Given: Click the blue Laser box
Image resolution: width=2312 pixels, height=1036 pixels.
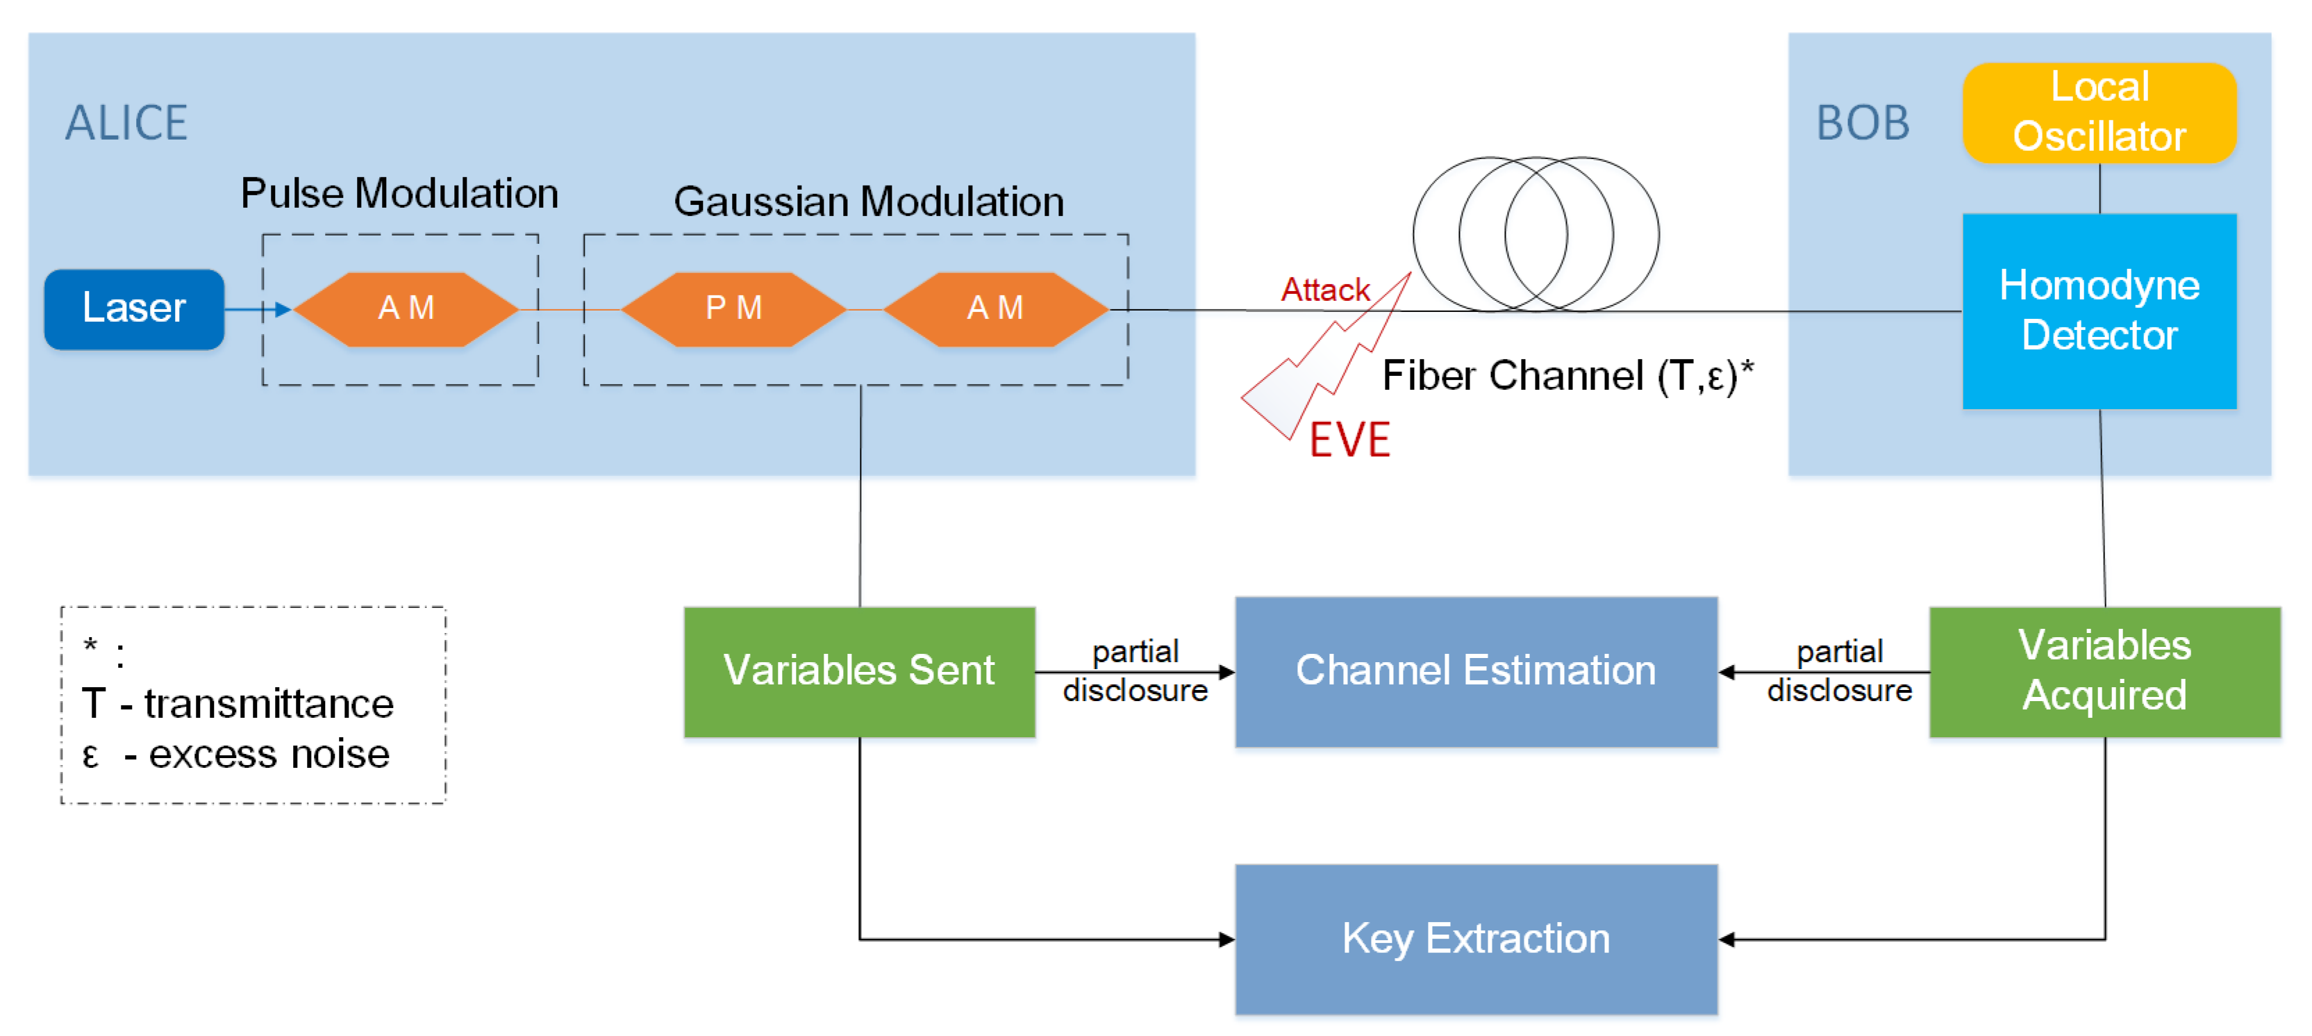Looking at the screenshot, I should [134, 309].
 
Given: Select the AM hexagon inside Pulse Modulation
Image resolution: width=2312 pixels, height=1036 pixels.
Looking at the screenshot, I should [406, 309].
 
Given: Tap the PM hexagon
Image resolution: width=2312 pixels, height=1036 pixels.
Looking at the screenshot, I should [733, 309].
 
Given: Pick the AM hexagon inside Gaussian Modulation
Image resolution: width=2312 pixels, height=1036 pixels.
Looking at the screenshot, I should [995, 309].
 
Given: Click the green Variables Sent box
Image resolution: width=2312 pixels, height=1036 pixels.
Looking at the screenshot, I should [859, 671].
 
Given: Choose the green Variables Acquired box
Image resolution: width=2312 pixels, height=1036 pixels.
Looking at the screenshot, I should [2104, 671].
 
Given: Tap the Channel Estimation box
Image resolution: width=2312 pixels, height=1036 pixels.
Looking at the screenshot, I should [1476, 671].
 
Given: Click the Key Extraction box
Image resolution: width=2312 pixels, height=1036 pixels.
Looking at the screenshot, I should [1476, 939].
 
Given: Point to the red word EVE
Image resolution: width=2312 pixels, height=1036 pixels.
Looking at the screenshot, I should [1349, 440].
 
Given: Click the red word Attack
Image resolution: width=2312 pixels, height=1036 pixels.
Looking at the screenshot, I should [1324, 290].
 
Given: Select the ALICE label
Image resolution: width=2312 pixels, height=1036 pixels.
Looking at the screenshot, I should [126, 123].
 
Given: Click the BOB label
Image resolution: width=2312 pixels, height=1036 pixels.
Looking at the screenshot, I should [1863, 123].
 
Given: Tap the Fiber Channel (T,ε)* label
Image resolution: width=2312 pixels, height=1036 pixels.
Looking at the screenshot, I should [1567, 375].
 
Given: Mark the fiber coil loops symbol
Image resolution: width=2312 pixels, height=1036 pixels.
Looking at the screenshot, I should [1536, 233].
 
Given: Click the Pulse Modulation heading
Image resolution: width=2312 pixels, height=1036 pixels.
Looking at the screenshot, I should [399, 194].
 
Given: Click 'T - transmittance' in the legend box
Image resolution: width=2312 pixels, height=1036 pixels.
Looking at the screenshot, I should [237, 704].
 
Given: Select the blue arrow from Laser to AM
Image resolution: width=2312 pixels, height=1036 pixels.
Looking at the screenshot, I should [258, 310].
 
